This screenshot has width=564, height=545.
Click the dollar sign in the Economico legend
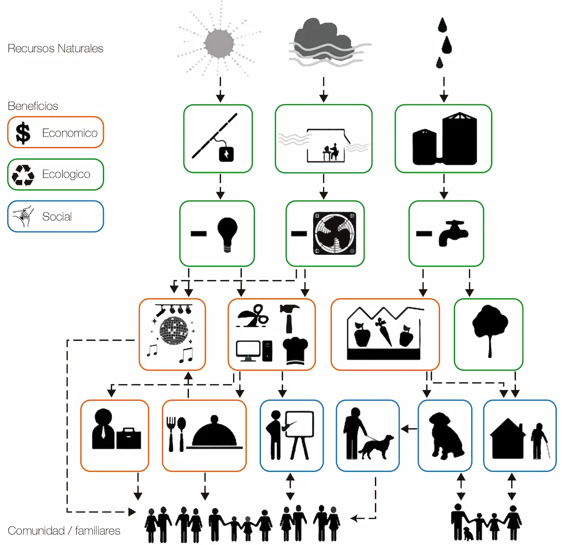tap(23, 133)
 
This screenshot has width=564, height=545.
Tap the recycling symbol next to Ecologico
tap(23, 175)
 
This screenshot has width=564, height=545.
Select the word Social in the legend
tap(57, 217)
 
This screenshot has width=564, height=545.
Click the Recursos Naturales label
tap(55, 49)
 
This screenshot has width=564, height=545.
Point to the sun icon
tap(219, 44)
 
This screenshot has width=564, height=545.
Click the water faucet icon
tap(453, 233)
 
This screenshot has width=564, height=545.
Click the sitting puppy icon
tap(446, 435)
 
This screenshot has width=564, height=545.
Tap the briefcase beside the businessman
tap(129, 438)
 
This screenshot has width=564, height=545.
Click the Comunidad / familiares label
tap(64, 530)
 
